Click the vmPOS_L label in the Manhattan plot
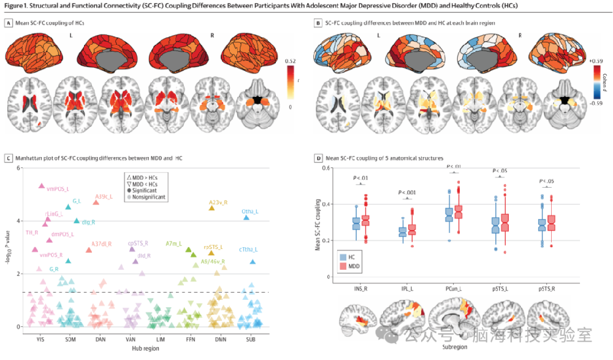(x=59, y=190)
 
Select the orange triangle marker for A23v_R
(x=212, y=208)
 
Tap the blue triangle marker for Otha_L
(x=246, y=217)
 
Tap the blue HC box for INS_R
(x=356, y=223)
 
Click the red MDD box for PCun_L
(x=462, y=212)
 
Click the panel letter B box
(x=318, y=23)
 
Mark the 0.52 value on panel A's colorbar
(x=291, y=61)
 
